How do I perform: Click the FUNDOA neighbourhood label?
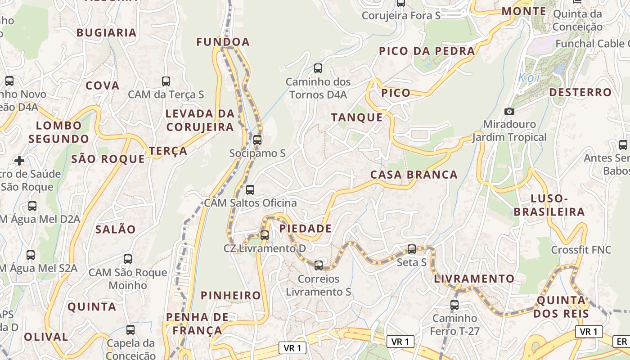tap(223, 42)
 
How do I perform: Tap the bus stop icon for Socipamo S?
tap(257, 140)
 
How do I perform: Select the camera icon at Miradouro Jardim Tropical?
tap(509, 111)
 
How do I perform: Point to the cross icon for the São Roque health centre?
tap(19, 160)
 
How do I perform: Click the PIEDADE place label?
tap(306, 229)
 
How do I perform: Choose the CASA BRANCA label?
tap(414, 175)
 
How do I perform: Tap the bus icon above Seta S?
tap(412, 249)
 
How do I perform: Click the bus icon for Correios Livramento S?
tap(319, 265)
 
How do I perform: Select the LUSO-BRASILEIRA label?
tap(549, 205)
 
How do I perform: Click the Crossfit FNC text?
tap(581, 250)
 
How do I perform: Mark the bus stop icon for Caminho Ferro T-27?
tap(454, 305)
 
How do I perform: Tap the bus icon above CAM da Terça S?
tap(166, 81)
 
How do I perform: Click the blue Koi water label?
tap(528, 77)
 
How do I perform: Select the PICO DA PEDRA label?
tap(427, 51)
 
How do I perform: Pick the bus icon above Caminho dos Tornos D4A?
tap(318, 68)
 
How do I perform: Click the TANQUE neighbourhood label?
tap(357, 117)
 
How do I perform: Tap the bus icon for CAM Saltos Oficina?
tap(250, 190)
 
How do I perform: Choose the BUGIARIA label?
tap(106, 32)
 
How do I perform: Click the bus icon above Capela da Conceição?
tap(130, 330)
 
